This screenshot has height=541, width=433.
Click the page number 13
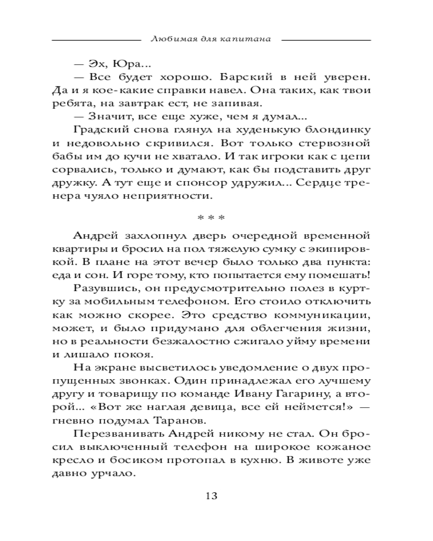pos(212,497)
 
